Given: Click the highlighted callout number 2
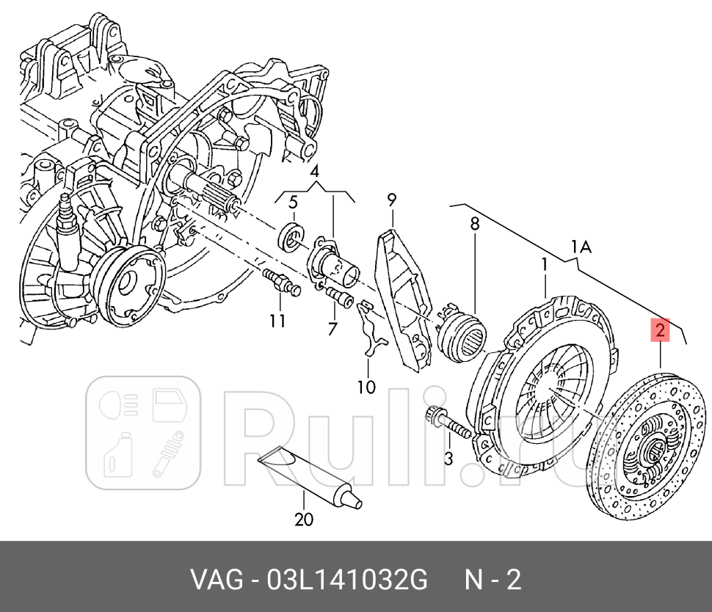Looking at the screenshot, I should [660, 330].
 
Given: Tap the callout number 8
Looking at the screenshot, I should [474, 222].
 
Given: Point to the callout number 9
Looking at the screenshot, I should [391, 199].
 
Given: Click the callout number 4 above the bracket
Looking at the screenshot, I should [315, 172].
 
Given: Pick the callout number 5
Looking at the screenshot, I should [292, 203].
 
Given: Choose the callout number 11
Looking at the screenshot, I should [276, 320].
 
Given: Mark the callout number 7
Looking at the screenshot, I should [333, 329].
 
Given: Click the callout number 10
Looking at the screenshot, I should [366, 386].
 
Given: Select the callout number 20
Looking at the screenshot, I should [303, 520].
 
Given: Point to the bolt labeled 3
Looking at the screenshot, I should [446, 426].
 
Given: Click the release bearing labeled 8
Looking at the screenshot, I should [461, 335].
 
